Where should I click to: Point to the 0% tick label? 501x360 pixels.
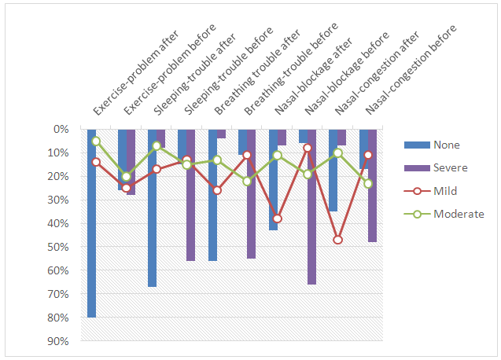click(61, 129)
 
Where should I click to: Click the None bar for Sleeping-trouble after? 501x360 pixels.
click(152, 208)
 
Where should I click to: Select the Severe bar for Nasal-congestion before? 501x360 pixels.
click(373, 186)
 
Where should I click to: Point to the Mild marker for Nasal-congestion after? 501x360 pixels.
click(337, 240)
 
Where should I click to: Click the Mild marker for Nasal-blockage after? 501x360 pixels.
click(277, 219)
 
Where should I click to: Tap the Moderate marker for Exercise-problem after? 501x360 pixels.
click(96, 141)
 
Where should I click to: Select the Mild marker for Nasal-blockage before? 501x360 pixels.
click(308, 148)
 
